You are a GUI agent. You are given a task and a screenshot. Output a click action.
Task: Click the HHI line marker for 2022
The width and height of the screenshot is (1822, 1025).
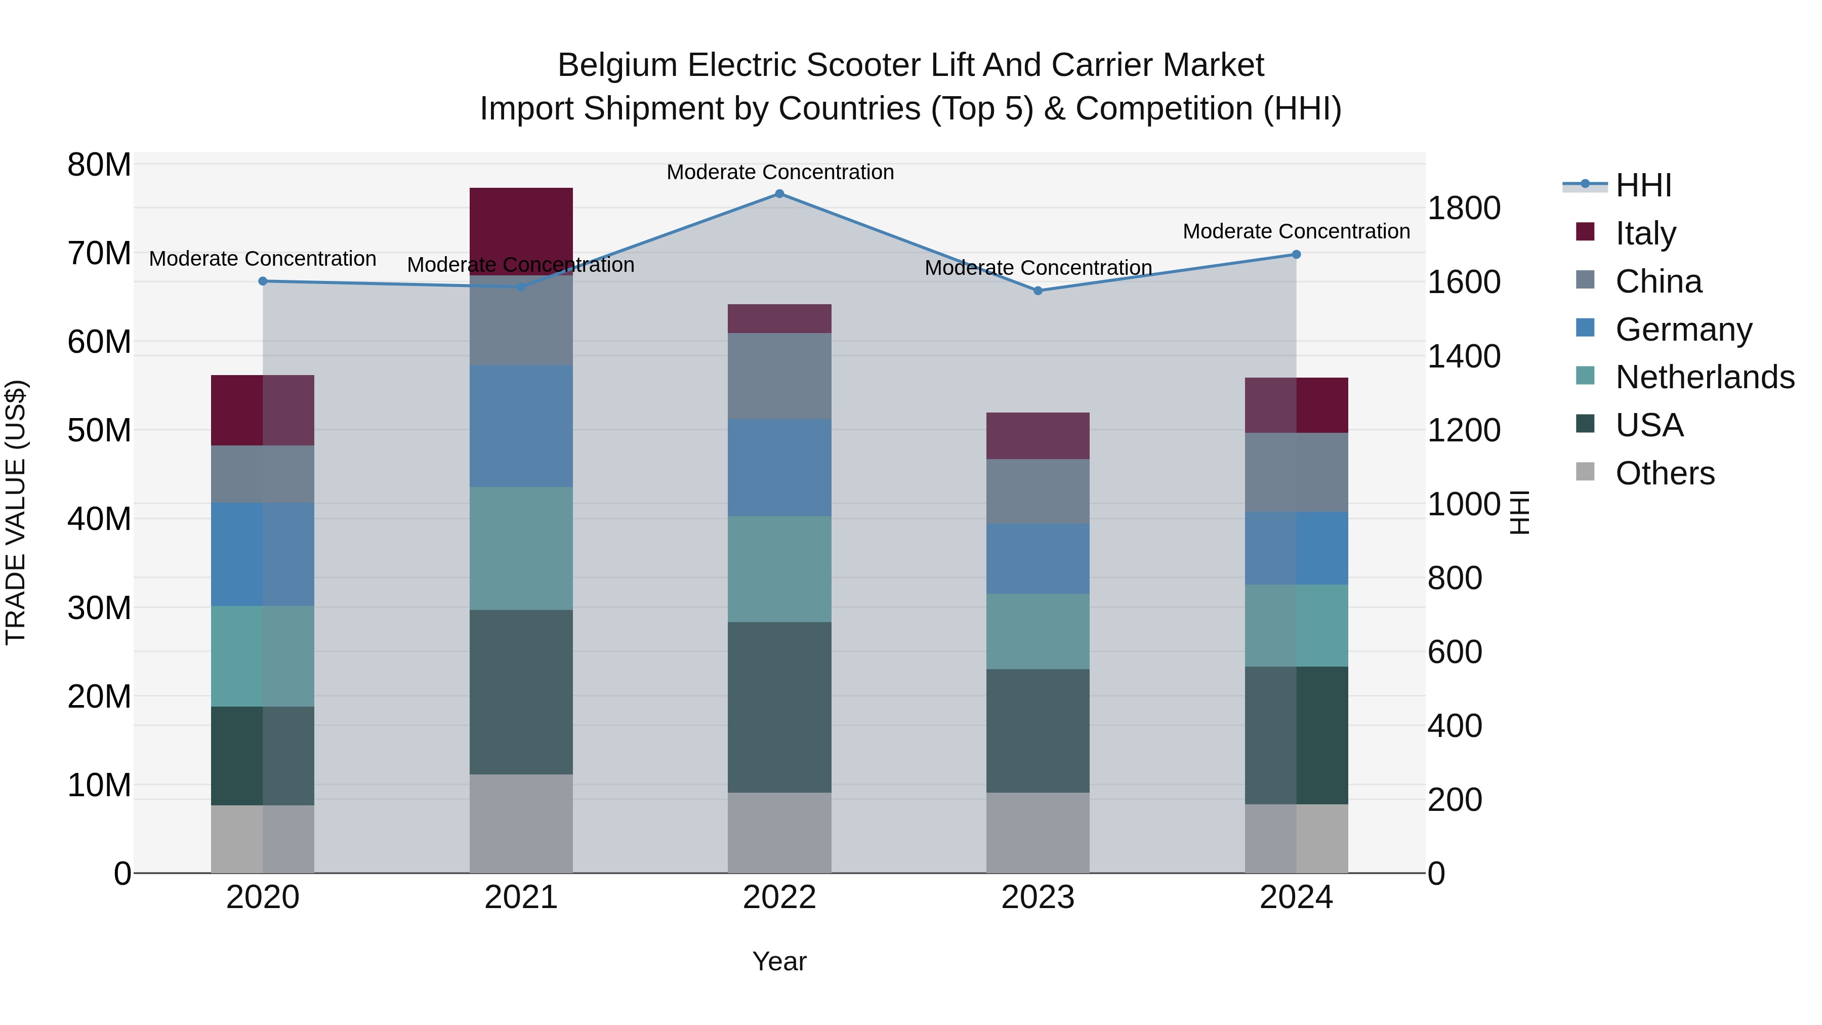779,194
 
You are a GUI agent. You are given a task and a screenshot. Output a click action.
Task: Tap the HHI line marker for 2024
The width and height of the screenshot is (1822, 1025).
1296,255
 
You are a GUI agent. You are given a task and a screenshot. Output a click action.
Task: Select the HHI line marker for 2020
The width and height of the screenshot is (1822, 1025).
263,281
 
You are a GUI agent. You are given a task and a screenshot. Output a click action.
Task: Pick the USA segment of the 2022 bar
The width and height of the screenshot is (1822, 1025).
779,708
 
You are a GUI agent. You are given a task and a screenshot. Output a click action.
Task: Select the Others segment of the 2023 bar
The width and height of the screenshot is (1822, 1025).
1038,833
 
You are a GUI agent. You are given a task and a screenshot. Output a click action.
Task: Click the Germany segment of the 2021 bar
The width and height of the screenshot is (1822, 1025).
521,426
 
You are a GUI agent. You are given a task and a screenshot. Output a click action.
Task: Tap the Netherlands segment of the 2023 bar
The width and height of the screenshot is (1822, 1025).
1038,632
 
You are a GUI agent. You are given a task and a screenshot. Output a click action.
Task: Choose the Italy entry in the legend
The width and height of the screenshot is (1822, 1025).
1645,233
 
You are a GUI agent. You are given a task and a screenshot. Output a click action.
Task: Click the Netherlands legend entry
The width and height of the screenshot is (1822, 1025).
1705,377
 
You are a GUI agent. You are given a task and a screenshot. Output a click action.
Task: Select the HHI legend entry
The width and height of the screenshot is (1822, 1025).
1643,185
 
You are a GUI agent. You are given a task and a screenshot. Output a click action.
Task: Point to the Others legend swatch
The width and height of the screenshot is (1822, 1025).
1585,472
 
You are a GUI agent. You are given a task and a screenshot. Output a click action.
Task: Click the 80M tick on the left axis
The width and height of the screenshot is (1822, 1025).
99,165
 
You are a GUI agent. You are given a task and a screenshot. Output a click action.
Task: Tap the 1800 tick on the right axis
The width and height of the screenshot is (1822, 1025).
1463,209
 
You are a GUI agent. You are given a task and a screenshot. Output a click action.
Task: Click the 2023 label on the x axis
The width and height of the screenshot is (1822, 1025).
1038,897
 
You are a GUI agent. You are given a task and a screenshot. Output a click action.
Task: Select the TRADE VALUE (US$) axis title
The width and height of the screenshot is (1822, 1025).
16,512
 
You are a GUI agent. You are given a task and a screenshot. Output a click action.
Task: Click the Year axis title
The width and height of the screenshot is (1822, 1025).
779,961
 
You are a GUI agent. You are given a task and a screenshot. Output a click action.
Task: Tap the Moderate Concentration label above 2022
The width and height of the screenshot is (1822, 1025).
780,172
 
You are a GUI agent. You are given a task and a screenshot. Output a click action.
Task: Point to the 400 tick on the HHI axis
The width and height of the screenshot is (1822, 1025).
1454,726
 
